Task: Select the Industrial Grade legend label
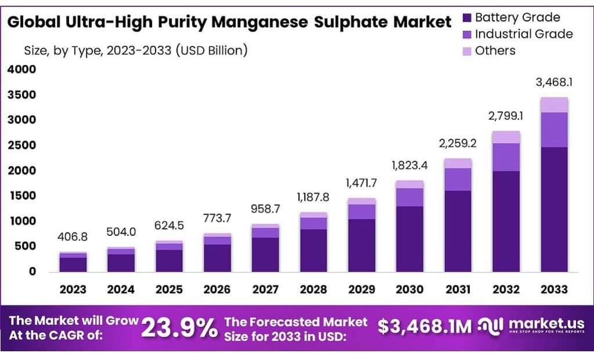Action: click(523, 34)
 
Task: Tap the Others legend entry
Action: click(495, 50)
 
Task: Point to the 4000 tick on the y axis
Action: click(21, 70)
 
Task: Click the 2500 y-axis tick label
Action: click(21, 146)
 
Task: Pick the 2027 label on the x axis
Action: click(265, 289)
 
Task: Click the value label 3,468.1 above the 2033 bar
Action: click(554, 83)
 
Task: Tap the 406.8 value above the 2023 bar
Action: click(73, 237)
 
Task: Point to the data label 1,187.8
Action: click(313, 197)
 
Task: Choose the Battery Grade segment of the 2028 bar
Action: click(313, 250)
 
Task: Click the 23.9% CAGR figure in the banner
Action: click(178, 329)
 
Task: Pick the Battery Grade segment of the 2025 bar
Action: click(169, 261)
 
